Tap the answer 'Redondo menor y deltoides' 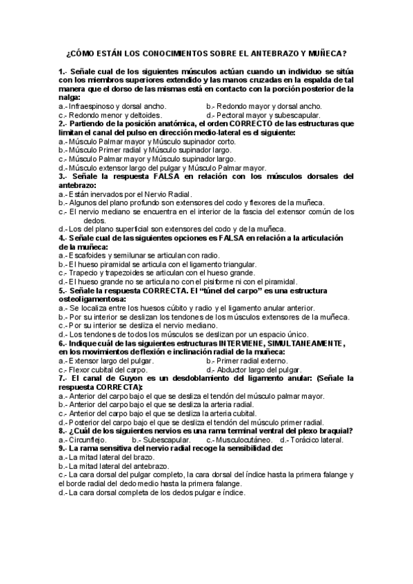click(110, 115)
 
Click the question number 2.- click(63, 124)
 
